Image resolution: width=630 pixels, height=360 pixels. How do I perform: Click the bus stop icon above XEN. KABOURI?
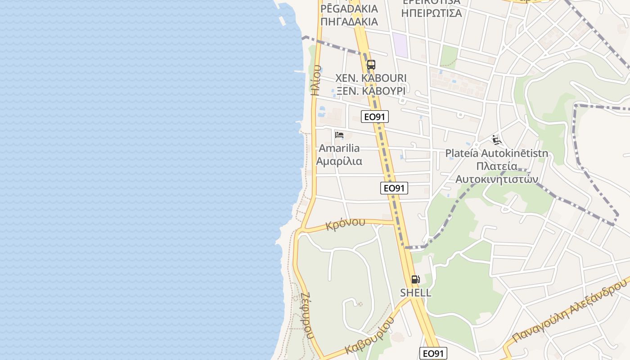[371, 64]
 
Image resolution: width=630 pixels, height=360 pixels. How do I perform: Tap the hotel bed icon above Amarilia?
[339, 135]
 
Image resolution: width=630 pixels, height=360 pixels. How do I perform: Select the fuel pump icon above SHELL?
[415, 279]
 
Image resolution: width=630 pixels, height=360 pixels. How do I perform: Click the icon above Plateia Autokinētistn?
[496, 140]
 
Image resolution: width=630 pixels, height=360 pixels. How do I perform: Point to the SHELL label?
[416, 292]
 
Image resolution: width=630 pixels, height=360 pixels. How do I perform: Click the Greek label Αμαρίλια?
[339, 161]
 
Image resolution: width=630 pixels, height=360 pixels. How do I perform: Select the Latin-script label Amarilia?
[339, 148]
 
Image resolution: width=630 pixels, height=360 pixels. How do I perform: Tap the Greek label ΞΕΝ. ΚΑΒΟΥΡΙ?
[371, 90]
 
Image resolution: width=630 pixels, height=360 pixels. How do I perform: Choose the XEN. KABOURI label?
[371, 78]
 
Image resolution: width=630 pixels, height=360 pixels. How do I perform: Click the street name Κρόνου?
[346, 224]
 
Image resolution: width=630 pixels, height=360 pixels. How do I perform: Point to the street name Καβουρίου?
[370, 335]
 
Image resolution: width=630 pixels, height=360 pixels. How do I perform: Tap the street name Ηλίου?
[316, 80]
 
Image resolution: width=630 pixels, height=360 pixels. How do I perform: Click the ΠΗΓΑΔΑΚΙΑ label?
[349, 21]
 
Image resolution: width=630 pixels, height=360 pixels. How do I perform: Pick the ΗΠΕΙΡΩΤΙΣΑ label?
[431, 13]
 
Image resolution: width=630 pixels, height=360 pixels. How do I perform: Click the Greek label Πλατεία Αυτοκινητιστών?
[497, 172]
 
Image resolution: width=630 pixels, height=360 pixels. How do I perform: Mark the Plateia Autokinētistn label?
[497, 153]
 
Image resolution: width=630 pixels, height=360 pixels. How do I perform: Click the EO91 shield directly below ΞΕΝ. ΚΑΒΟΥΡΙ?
[375, 117]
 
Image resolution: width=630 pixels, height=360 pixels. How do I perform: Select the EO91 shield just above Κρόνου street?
[394, 188]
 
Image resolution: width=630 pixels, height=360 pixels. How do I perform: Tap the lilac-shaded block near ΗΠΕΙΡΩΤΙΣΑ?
[400, 45]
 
